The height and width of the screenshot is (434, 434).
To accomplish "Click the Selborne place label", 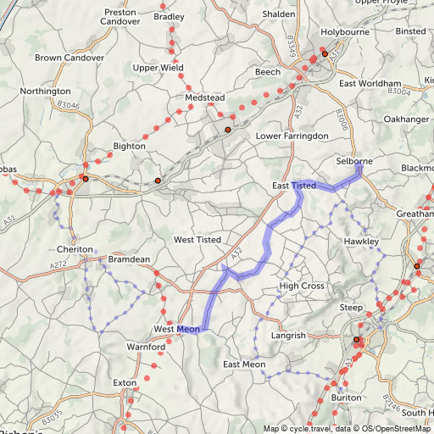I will tap(353, 160).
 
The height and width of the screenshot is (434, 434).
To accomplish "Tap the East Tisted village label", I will tap(294, 185).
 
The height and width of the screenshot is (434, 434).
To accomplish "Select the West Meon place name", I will tap(175, 329).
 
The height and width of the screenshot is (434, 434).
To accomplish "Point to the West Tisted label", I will tap(197, 240).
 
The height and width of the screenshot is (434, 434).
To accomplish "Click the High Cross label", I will tap(302, 286).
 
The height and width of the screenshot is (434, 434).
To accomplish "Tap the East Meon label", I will tap(243, 364).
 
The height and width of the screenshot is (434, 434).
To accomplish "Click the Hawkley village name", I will tap(361, 242).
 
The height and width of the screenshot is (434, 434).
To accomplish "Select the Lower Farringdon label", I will tap(292, 136).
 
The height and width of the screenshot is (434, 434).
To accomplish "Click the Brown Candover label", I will tap(70, 58).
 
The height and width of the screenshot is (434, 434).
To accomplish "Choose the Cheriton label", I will tap(74, 249).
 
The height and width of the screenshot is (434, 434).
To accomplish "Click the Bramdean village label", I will tap(128, 257).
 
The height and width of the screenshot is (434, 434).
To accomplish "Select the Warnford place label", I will tap(145, 348).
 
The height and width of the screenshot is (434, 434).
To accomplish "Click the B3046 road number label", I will tap(68, 105).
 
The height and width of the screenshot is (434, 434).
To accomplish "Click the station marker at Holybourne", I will tap(325, 54).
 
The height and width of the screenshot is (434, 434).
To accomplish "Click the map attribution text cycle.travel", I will tap(310, 428).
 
